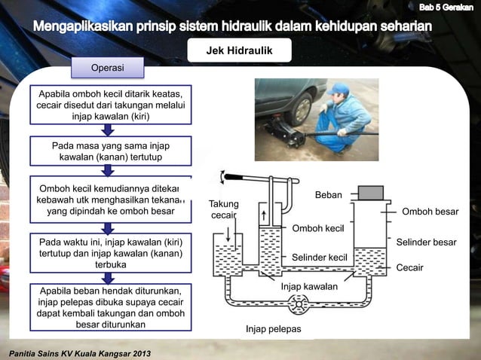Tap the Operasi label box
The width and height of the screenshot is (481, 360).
pyautogui.click(x=108, y=69)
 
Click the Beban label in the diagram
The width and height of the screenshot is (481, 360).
pyautogui.click(x=328, y=195)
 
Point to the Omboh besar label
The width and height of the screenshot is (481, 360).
pyautogui.click(x=430, y=212)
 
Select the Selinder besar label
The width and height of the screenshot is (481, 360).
pyautogui.click(x=426, y=243)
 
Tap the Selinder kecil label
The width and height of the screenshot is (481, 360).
pyautogui.click(x=319, y=258)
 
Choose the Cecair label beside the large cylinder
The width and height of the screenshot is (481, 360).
pyautogui.click(x=409, y=267)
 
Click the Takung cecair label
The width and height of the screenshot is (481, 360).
pyautogui.click(x=224, y=209)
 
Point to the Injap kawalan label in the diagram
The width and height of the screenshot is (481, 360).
pyautogui.click(x=310, y=287)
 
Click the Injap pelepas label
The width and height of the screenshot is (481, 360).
pyautogui.click(x=273, y=329)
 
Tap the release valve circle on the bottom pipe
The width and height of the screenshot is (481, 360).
pyautogui.click(x=299, y=305)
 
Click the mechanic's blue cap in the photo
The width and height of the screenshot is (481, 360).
pyautogui.click(x=336, y=89)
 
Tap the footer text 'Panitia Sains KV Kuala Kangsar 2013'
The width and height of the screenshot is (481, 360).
pyautogui.click(x=78, y=352)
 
